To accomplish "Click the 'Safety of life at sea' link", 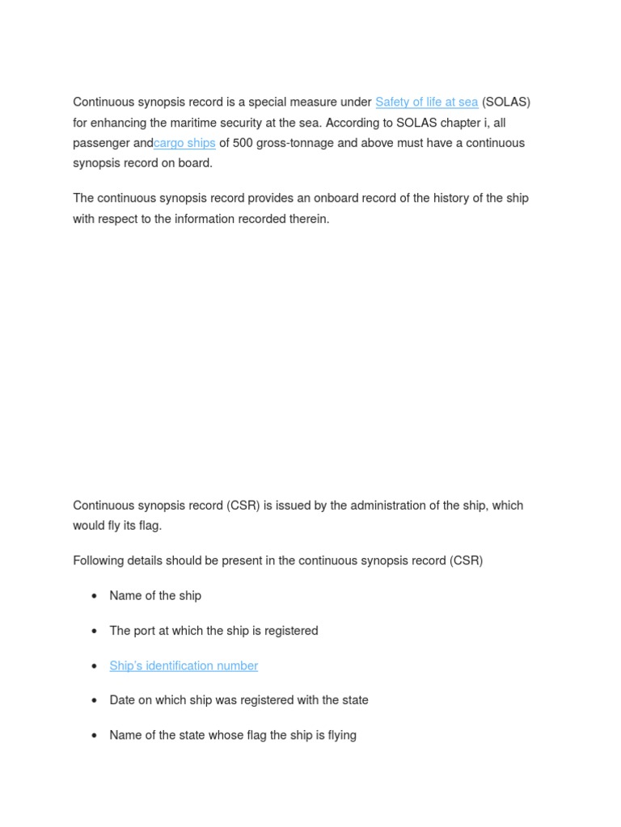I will tap(426, 103).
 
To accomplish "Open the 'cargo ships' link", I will tap(184, 143).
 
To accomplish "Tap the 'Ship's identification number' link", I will tap(184, 666).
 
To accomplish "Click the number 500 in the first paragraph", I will tap(243, 143).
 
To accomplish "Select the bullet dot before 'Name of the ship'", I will tap(95, 596).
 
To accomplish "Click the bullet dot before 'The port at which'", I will tap(95, 632).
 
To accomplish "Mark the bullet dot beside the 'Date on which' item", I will tap(95, 701).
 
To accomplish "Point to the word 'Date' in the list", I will tap(123, 700).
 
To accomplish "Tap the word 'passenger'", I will tap(101, 143).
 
